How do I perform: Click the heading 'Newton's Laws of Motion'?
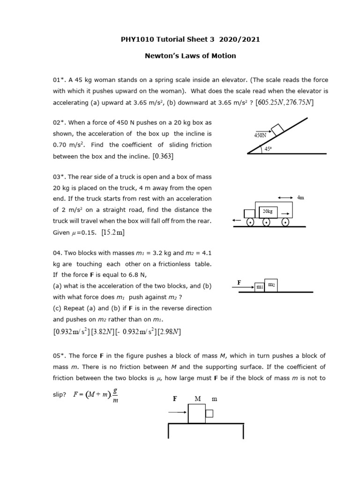(190, 56)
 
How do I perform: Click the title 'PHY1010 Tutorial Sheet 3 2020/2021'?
(190, 39)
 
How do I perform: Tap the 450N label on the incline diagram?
(260, 135)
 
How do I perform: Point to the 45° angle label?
(269, 149)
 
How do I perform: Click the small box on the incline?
(277, 128)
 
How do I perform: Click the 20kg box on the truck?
(268, 211)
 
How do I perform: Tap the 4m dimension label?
(301, 198)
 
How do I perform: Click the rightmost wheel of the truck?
(285, 222)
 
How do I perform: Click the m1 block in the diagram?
(259, 287)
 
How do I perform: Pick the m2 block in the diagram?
(271, 285)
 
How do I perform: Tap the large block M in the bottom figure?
(197, 413)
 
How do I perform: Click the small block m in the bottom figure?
(210, 413)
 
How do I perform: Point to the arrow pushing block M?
(178, 412)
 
